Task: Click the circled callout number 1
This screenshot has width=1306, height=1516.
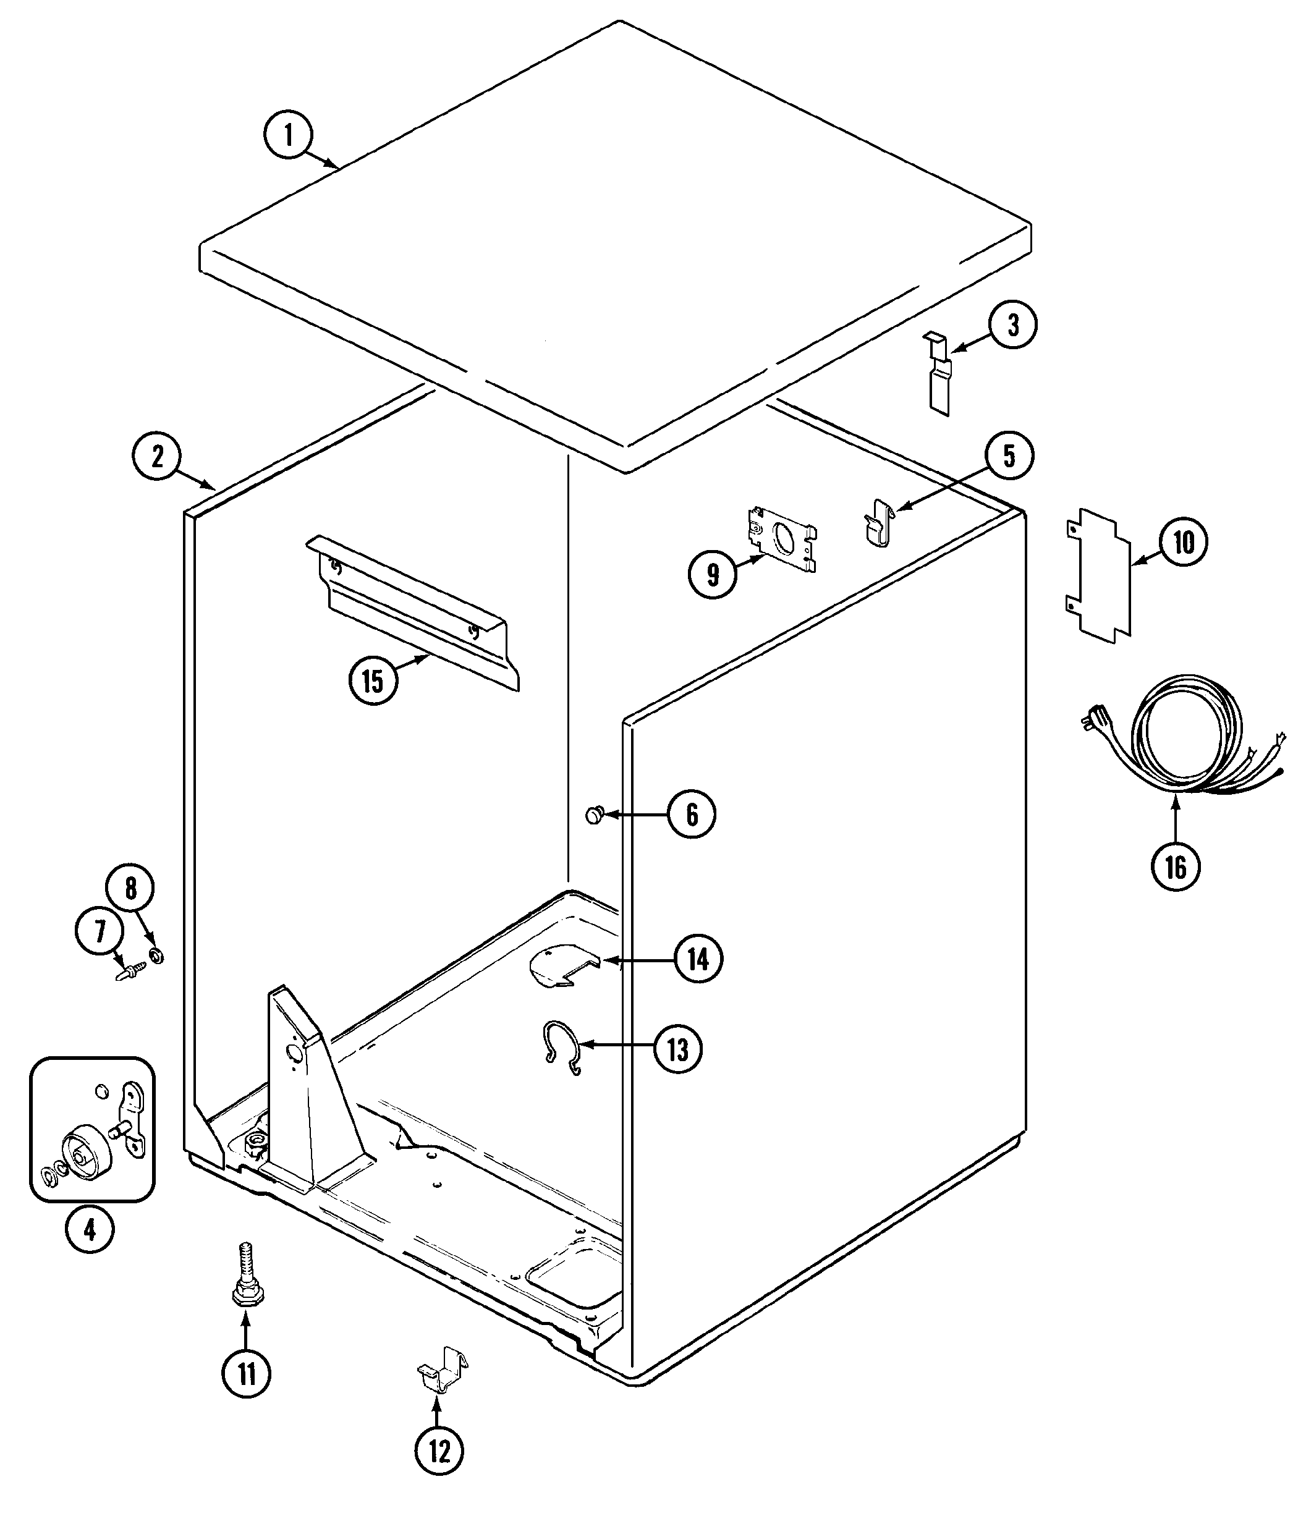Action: point(287,135)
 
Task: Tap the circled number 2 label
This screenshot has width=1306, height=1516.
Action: point(156,457)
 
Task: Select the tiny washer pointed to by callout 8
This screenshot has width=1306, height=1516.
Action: point(155,955)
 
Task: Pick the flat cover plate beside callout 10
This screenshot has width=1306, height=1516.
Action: point(1098,575)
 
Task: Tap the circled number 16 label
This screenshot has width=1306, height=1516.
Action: point(1176,868)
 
